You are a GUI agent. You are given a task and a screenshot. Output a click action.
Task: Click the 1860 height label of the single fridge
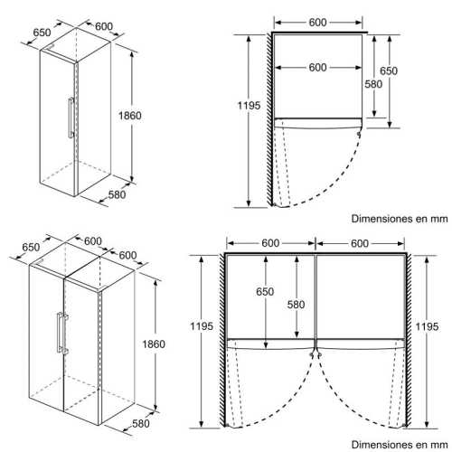[x=130, y=116]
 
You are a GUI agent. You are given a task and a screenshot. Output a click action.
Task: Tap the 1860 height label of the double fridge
[x=154, y=344]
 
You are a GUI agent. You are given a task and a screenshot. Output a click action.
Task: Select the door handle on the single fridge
[x=71, y=118]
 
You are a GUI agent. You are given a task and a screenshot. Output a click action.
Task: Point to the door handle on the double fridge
[x=62, y=333]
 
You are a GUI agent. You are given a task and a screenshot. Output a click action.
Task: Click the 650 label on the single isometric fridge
[x=42, y=33]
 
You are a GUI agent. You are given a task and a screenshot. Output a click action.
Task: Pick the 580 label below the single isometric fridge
[x=117, y=194]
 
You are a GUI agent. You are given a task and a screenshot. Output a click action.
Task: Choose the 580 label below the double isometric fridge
[x=141, y=423]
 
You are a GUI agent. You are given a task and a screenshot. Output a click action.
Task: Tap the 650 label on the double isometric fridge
[x=31, y=247]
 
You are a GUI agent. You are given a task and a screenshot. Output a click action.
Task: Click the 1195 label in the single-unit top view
[x=249, y=106]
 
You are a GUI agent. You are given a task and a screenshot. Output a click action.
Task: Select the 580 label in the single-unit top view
[x=373, y=84]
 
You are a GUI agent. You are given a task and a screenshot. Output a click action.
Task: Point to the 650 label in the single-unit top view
[x=389, y=71]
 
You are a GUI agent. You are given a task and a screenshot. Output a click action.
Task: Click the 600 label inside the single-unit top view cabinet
[x=317, y=68]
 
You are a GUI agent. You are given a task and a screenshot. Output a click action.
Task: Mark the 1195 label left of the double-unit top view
[x=202, y=326]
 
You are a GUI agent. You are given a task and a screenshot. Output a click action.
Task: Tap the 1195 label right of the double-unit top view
[x=427, y=326]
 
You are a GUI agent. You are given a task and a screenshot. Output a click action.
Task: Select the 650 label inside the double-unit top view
[x=265, y=291]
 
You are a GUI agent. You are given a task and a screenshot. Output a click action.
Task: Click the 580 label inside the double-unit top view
[x=296, y=305]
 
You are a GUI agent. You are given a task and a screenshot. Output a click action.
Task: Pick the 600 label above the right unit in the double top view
[x=360, y=243]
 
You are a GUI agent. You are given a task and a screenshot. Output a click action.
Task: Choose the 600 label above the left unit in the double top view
[x=270, y=243]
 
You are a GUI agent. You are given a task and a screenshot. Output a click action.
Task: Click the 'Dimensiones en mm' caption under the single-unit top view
[x=400, y=219]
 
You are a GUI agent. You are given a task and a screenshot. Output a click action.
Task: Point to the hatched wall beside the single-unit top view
[x=269, y=119]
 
